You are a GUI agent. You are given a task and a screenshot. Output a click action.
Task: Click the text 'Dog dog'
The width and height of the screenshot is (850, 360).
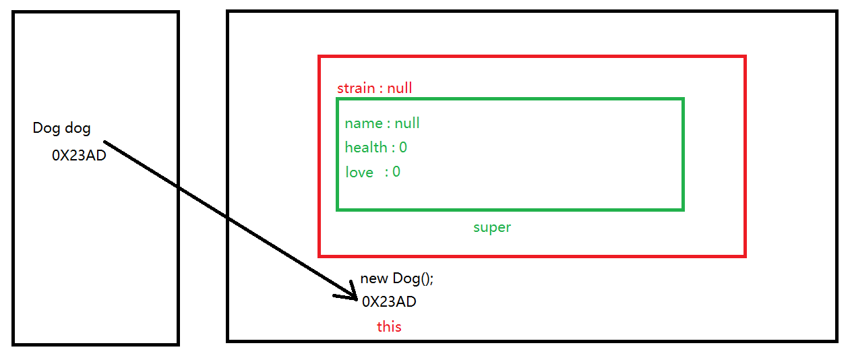(61, 128)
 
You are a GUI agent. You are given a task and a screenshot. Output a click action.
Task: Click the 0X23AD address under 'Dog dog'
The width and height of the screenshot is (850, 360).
(79, 156)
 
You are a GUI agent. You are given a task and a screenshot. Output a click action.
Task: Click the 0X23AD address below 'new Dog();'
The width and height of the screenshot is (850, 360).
(389, 302)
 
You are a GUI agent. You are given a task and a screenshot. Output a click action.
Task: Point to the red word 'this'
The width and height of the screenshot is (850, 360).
(389, 327)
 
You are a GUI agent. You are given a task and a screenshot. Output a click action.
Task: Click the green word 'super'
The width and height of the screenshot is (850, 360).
(492, 227)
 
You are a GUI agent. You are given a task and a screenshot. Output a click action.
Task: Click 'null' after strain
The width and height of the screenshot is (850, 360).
(399, 88)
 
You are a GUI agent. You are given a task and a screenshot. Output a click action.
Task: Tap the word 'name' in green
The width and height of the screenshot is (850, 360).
(363, 123)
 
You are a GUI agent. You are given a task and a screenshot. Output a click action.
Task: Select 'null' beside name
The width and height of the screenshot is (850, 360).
(407, 123)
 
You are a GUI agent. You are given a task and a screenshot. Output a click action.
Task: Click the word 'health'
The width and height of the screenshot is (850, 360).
(366, 148)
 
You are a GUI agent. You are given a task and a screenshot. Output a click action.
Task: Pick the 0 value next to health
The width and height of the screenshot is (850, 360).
(403, 148)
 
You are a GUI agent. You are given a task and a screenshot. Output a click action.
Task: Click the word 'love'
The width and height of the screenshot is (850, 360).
(359, 173)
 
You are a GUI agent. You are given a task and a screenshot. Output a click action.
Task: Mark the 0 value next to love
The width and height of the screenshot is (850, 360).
(396, 172)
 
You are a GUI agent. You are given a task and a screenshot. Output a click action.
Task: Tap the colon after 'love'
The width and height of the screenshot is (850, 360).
(387, 173)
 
